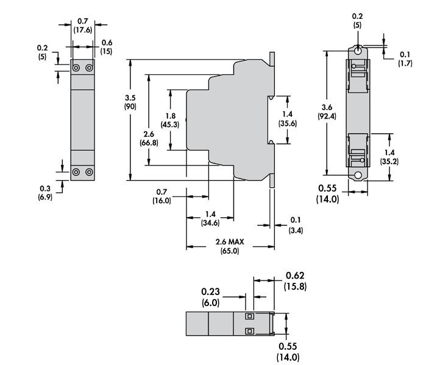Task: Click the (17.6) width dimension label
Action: (x=82, y=30)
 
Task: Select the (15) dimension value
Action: (x=107, y=52)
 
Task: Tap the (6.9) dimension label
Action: (x=45, y=197)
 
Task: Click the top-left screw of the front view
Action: (x=76, y=68)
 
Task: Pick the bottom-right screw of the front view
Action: (x=89, y=172)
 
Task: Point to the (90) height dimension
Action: (x=130, y=106)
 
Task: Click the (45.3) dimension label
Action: (x=170, y=125)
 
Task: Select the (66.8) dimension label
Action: (x=149, y=142)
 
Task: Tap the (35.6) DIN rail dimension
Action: (x=288, y=123)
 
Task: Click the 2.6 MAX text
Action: (x=230, y=242)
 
